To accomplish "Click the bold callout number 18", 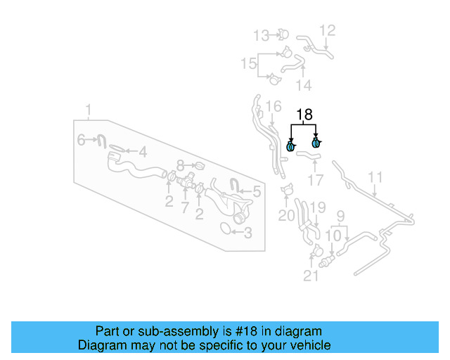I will click(304, 115).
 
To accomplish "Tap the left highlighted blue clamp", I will click(291, 146).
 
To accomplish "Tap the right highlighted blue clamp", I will click(316, 143).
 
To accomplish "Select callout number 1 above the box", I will click(89, 110).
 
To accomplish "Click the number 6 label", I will click(81, 141).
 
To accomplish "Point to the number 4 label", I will click(142, 151).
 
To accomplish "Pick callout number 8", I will click(180, 165).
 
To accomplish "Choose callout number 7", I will click(185, 207).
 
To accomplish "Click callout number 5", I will click(257, 191).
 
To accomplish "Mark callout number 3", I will click(247, 232).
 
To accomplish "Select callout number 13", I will click(261, 34).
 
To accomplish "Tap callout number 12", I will click(328, 30).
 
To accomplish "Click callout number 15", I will click(248, 64).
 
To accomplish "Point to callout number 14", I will click(303, 85).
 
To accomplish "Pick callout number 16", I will click(274, 107).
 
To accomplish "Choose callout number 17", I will click(316, 180).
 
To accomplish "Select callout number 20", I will click(286, 215).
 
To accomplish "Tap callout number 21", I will click(311, 276).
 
